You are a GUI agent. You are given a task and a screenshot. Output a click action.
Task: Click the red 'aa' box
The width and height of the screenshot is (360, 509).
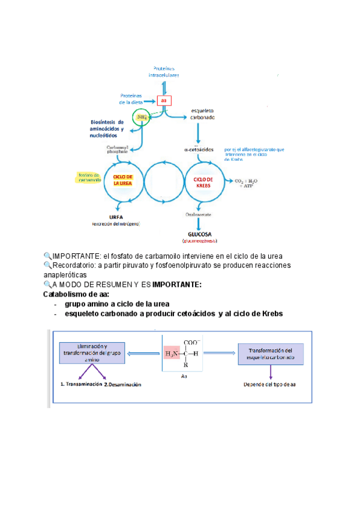[164, 100]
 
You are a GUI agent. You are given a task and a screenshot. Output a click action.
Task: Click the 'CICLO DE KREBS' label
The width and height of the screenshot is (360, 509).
[203, 182]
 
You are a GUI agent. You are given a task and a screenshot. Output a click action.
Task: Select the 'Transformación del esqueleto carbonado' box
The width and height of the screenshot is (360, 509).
[269, 354]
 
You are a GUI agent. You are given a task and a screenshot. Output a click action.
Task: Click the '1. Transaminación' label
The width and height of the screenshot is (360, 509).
[81, 384]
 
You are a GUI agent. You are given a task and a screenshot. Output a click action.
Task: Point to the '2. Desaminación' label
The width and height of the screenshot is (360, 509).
[123, 384]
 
